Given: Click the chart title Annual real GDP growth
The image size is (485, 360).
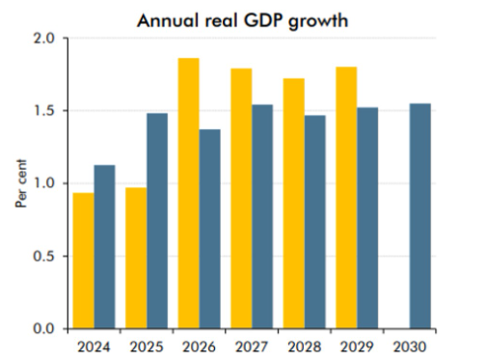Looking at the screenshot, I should tap(255, 18).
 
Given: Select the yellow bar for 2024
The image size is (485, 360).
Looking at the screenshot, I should tap(84, 261).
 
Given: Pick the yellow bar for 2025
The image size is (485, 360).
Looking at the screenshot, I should tap(136, 258).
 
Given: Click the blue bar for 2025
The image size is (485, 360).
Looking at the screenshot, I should tap(157, 221).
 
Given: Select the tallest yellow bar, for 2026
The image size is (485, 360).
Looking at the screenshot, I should tap(189, 193).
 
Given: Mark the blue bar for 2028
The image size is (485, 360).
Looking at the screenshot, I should tap(314, 222).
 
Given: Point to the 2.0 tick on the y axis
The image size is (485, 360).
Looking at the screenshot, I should tap(44, 39).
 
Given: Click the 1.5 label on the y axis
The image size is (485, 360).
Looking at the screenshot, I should tap(44, 111).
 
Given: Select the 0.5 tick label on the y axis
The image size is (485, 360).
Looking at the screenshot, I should tap(44, 256).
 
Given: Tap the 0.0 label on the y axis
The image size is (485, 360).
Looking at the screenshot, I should tap(44, 328).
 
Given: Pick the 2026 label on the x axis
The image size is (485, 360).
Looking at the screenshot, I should tap(199, 344).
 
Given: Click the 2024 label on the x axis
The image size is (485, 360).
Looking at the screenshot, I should tap(94, 344).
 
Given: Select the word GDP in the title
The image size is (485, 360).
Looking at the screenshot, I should tap(274, 18).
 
